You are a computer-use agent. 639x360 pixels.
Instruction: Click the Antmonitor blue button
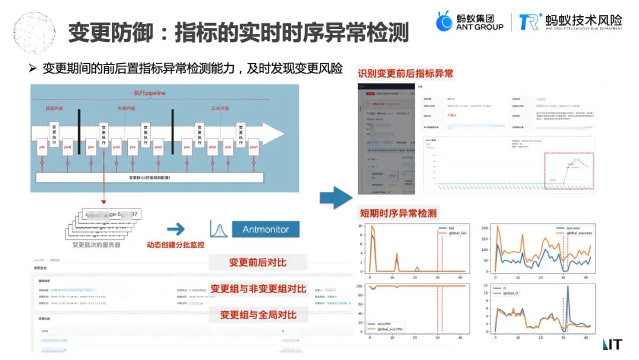tap(266, 229)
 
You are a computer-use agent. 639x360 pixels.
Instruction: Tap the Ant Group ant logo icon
tap(445, 21)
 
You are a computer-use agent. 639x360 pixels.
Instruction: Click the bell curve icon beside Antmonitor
tap(218, 229)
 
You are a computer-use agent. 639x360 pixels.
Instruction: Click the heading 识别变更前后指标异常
tap(405, 74)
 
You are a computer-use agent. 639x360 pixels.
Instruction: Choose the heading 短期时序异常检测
tap(397, 213)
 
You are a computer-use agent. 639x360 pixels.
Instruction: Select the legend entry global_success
tap(578, 233)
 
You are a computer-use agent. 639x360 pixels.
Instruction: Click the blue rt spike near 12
tap(568, 287)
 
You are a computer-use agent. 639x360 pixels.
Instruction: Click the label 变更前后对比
tap(259, 262)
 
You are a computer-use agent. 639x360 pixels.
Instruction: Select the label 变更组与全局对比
tap(259, 314)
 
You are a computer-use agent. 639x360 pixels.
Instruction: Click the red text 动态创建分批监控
tap(175, 245)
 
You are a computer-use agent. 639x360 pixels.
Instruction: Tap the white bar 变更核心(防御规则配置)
tap(149, 177)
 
